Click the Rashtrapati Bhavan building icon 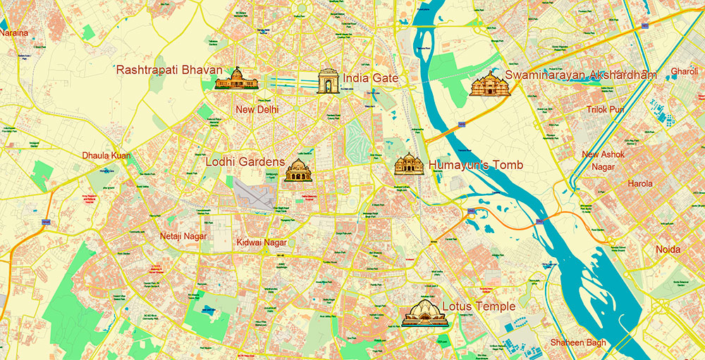click(237, 79)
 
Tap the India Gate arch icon click(329, 82)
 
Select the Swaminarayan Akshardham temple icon click(489, 84)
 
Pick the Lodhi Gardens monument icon click(298, 170)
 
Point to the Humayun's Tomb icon click(408, 164)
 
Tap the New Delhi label click(257, 109)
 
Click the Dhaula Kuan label click(106, 155)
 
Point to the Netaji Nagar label click(183, 236)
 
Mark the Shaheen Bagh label click(577, 343)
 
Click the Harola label click(640, 184)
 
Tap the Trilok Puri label click(605, 109)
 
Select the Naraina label click(14, 32)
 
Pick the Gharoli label click(684, 72)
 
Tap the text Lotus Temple click(479, 307)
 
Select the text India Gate click(371, 78)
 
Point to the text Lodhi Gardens click(245, 161)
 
